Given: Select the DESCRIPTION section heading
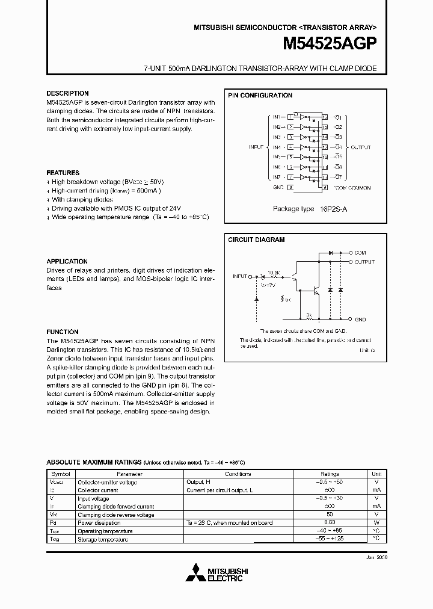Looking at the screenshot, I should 67,94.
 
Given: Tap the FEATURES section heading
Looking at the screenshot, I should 63,173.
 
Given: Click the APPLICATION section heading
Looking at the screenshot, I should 67,262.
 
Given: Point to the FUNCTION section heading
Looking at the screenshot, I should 63,332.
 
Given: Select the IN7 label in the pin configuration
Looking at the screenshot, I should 277,177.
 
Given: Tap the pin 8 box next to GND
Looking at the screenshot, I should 290,187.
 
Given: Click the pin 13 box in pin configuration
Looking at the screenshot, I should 325,147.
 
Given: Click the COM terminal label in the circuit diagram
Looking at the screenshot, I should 360,253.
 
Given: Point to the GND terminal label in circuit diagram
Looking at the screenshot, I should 360,320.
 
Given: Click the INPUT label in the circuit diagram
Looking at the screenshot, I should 239,276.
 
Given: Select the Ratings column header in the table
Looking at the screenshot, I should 330,474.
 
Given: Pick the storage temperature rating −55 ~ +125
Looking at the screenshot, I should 330,540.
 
